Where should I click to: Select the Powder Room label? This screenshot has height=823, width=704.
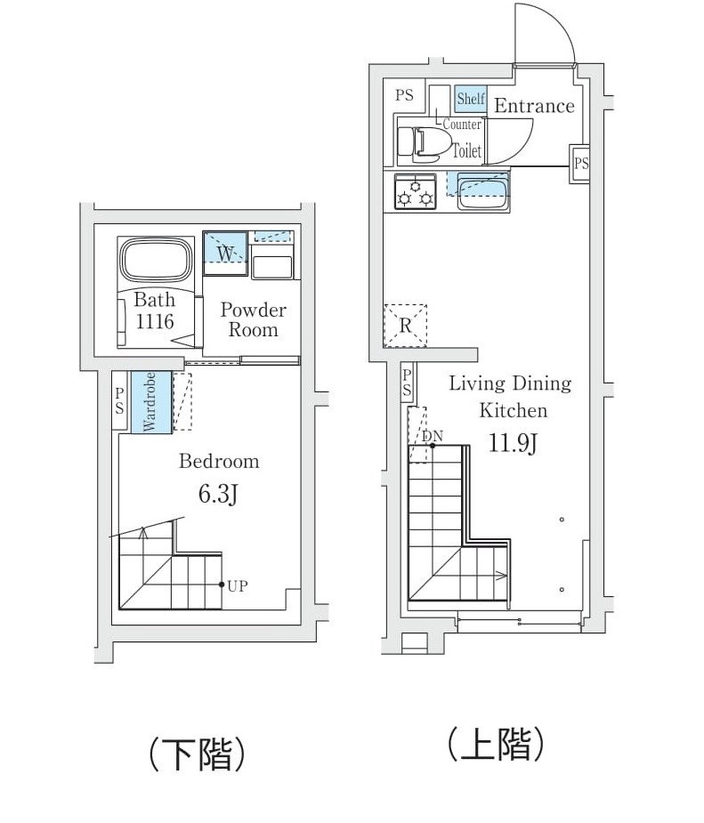[253, 319]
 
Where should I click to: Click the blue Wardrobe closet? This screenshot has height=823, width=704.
[149, 402]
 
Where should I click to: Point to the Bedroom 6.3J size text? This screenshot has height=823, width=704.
[217, 494]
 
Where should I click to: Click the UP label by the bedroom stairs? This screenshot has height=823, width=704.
[237, 585]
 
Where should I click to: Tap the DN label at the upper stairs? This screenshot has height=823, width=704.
[433, 436]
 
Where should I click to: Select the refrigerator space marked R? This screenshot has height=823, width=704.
[405, 326]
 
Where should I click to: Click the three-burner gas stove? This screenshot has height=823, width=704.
[416, 191]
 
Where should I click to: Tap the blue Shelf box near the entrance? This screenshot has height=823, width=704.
[470, 99]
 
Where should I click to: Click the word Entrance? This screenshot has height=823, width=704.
[534, 106]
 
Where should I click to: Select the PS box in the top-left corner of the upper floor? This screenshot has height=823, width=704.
[405, 95]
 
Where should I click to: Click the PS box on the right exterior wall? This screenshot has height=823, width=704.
[580, 164]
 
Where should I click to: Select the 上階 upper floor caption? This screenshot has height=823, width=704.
[495, 745]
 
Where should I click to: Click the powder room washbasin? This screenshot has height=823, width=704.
[272, 265]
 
